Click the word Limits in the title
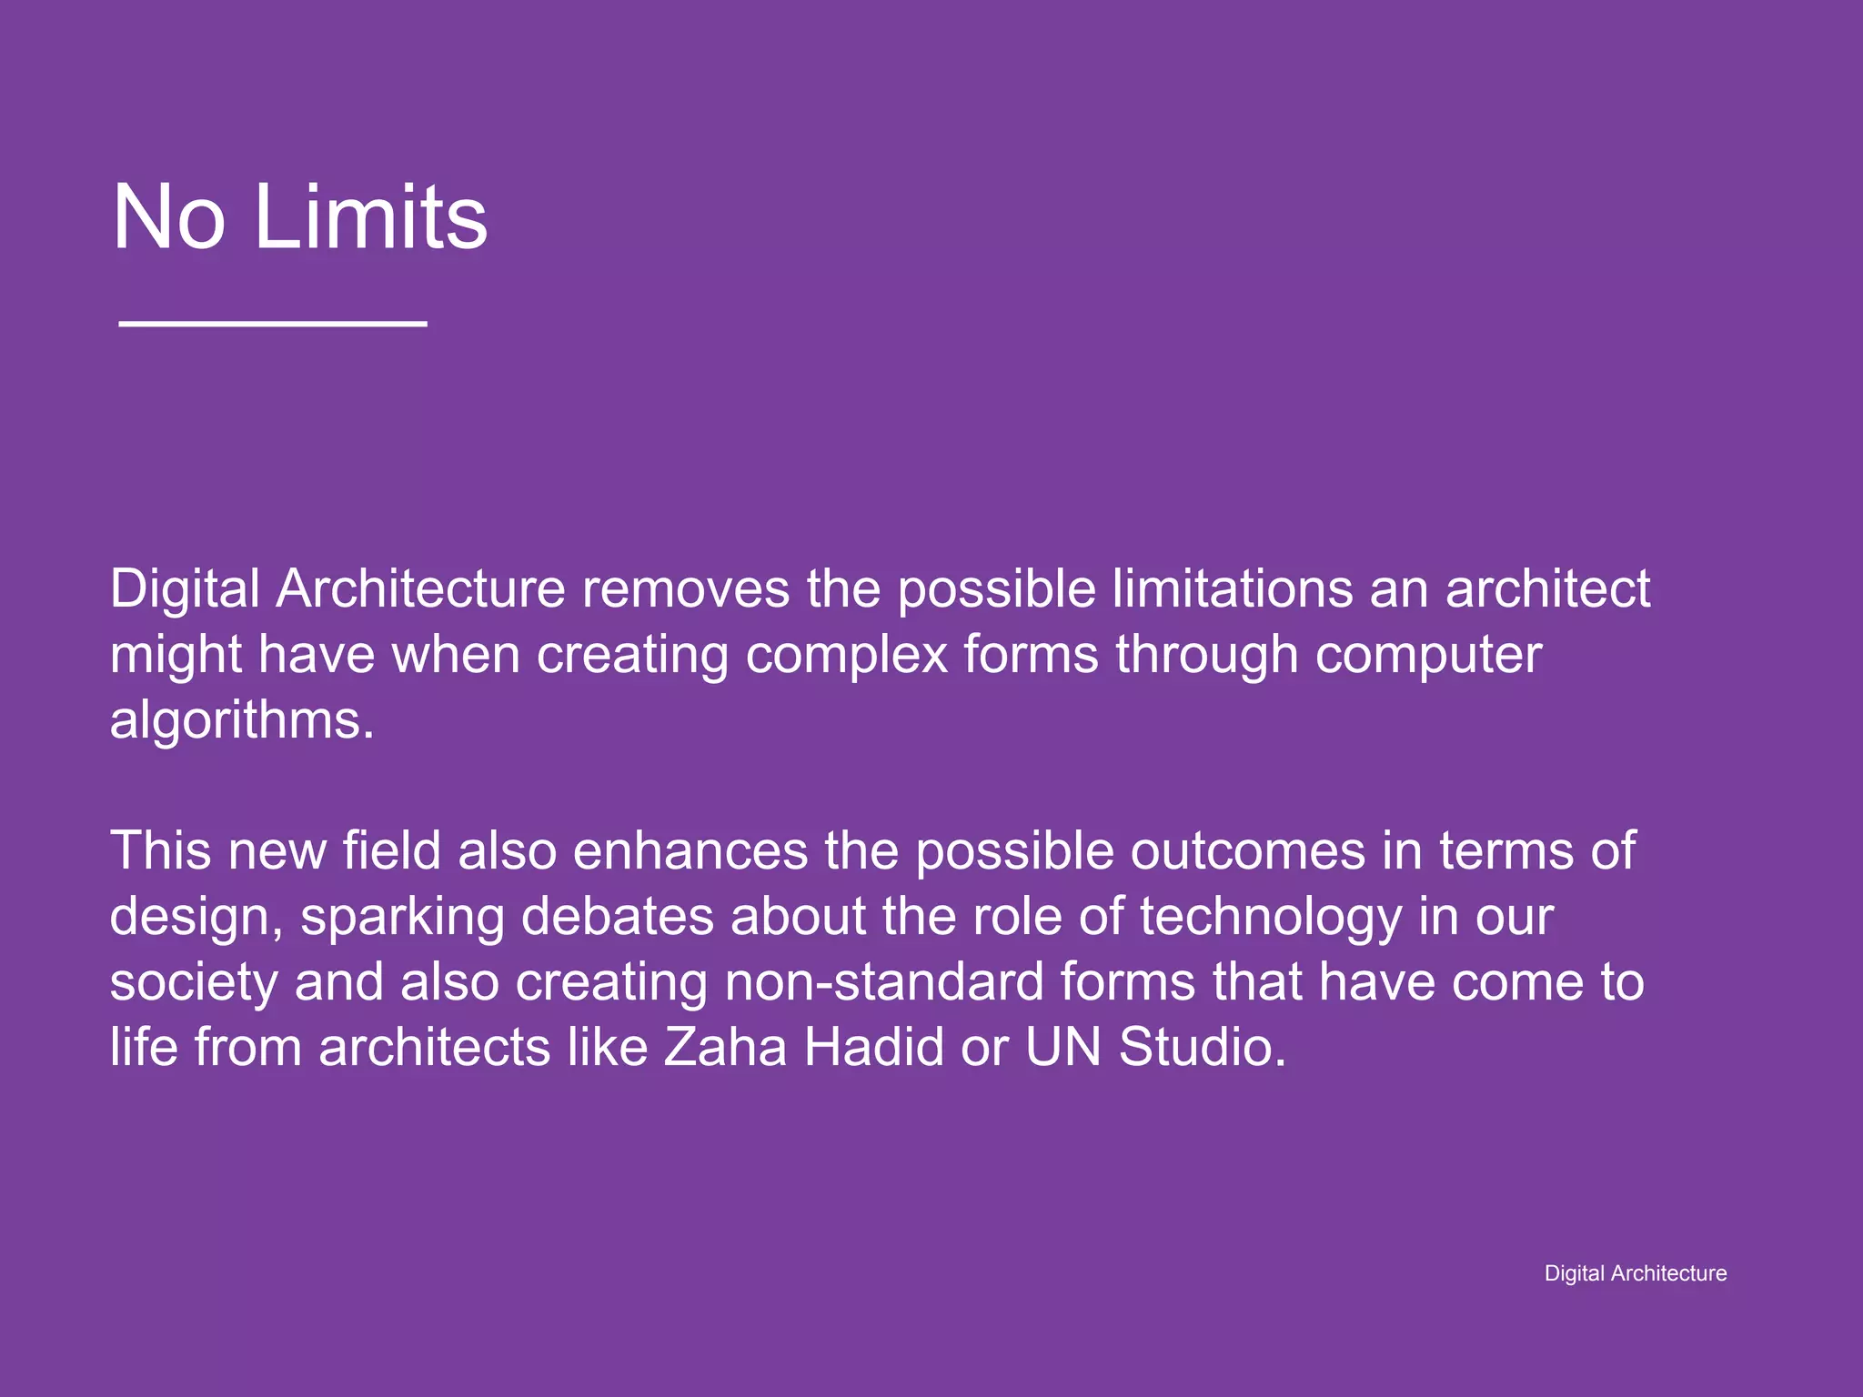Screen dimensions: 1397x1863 [x=371, y=217]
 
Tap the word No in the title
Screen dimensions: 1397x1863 [x=168, y=217]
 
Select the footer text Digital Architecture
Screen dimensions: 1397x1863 [x=1635, y=1273]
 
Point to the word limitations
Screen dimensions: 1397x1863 [x=1233, y=589]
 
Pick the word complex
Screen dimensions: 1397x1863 [x=846, y=656]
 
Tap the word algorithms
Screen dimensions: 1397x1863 [x=242, y=720]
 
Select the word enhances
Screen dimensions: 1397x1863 [x=690, y=851]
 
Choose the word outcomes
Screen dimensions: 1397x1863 [x=1248, y=851]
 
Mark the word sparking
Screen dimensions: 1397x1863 [x=402, y=918]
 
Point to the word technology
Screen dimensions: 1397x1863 [x=1271, y=918]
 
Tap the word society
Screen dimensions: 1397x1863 [x=194, y=983]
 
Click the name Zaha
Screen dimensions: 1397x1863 [x=725, y=1048]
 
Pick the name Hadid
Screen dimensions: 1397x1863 [x=874, y=1048]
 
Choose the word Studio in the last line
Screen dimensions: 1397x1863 [x=1203, y=1048]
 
